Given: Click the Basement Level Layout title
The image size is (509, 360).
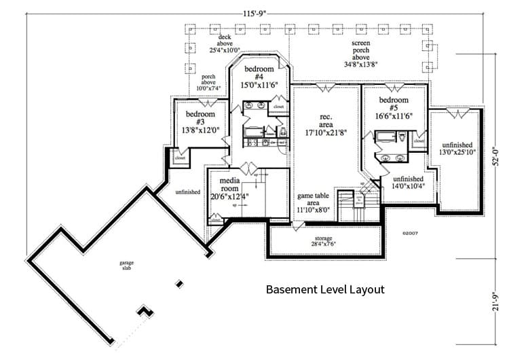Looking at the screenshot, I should [325, 289].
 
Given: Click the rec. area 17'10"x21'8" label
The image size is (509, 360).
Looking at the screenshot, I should [325, 122].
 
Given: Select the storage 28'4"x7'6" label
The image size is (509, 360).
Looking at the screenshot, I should [323, 241].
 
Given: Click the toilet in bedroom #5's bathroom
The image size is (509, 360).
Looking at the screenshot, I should [402, 138].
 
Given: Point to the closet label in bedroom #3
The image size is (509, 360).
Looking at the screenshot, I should [180, 158].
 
